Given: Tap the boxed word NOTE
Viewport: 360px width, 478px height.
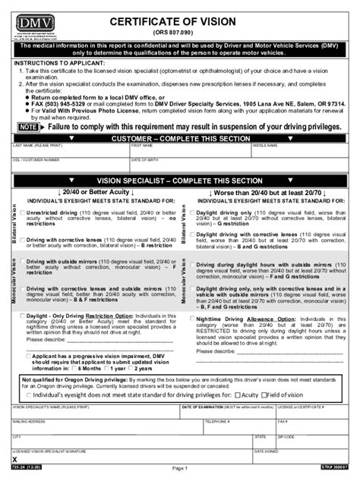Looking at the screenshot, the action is (x=28, y=128).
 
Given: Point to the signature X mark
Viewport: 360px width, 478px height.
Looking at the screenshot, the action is (x=15, y=461).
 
